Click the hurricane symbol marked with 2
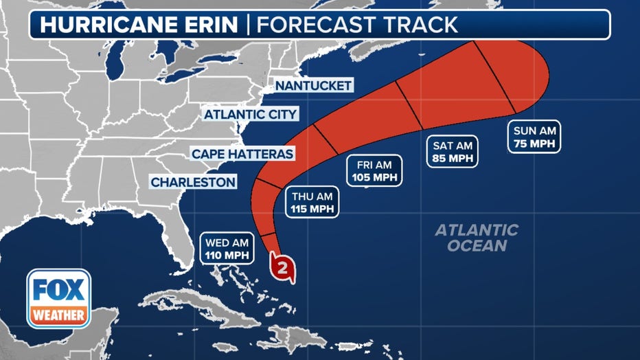click(283, 267)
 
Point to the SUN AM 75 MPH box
click(534, 137)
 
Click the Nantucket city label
click(313, 85)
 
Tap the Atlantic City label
click(251, 114)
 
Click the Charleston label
click(194, 182)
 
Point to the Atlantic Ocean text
click(476, 238)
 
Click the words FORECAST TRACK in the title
click(356, 25)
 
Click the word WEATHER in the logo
click(58, 316)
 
